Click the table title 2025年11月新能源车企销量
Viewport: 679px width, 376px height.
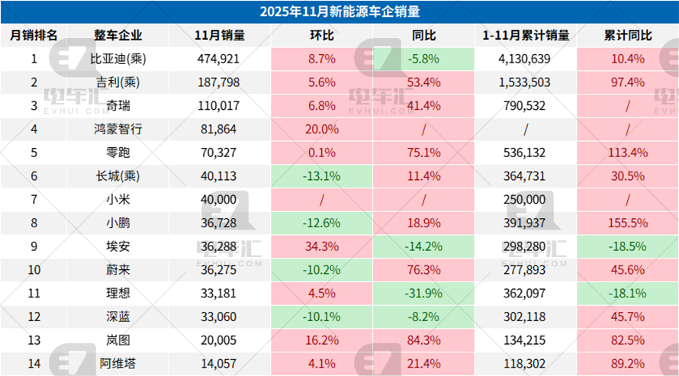pos(339,11)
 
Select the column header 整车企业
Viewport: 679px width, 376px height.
pos(118,35)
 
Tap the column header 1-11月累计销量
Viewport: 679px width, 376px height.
pos(526,35)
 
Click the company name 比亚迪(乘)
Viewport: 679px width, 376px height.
pos(118,58)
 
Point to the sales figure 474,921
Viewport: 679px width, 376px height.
pos(220,58)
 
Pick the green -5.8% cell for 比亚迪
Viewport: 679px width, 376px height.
pos(423,58)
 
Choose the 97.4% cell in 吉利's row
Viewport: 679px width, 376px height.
pos(626,82)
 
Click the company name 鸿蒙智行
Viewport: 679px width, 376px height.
pos(118,129)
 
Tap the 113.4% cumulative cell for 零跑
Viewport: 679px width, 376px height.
pos(626,153)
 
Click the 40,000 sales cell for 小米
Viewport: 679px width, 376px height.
pos(220,200)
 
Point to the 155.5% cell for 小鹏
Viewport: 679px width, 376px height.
pos(626,223)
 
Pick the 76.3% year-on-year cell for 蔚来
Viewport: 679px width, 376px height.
pos(423,271)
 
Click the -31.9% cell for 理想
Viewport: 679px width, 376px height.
pos(423,294)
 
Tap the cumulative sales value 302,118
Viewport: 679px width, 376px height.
pos(526,317)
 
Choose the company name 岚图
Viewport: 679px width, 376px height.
pos(118,341)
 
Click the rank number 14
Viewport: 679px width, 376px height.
pos(34,364)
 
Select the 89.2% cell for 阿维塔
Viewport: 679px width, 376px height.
pos(626,364)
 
